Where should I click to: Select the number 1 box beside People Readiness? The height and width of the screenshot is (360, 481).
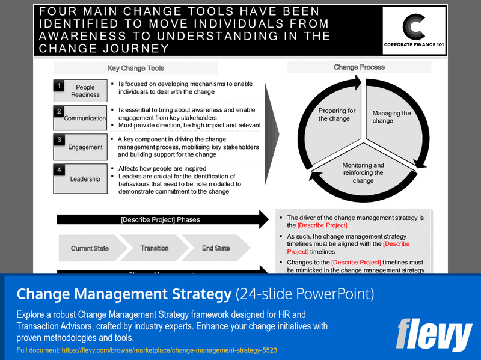click(x=59, y=86)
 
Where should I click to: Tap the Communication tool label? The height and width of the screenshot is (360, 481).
click(x=85, y=118)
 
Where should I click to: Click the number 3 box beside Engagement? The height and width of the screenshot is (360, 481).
click(x=59, y=140)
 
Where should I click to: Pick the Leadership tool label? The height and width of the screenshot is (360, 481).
click(x=85, y=178)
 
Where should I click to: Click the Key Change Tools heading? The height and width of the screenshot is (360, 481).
click(x=135, y=68)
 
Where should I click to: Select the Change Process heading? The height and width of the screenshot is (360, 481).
click(x=359, y=67)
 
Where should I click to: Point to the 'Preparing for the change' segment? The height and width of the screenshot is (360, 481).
click(x=337, y=115)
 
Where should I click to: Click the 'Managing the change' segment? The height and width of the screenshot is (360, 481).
click(x=391, y=117)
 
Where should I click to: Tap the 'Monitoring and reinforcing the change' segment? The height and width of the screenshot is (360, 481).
click(x=363, y=172)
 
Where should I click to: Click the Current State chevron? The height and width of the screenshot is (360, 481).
click(x=90, y=248)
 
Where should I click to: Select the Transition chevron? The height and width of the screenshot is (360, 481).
click(x=155, y=248)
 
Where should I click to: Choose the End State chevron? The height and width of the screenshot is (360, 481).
click(x=215, y=248)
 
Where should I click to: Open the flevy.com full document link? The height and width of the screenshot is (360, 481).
click(x=147, y=350)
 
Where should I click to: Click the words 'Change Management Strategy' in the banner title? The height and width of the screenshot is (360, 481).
click(x=124, y=294)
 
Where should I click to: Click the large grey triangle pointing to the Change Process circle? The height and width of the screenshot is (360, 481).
click(x=272, y=129)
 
